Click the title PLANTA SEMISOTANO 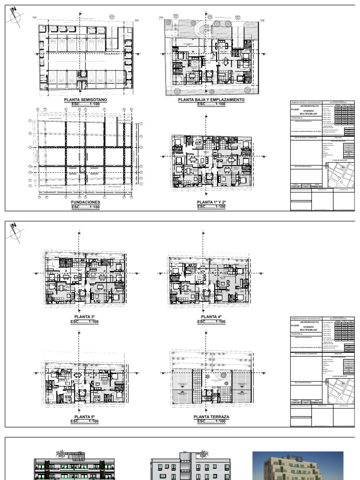point(85,100)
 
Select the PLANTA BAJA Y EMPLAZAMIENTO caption point(211,100)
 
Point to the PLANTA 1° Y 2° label point(211,202)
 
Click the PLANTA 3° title point(85,317)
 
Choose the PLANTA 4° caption point(211,317)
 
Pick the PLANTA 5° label point(85,417)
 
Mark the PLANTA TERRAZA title point(211,417)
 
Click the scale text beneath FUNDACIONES point(85,207)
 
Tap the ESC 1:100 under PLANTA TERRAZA point(211,421)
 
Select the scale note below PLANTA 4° point(211,322)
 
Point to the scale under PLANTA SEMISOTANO point(85,104)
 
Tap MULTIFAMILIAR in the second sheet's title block point(306,330)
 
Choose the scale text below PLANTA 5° point(85,421)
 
